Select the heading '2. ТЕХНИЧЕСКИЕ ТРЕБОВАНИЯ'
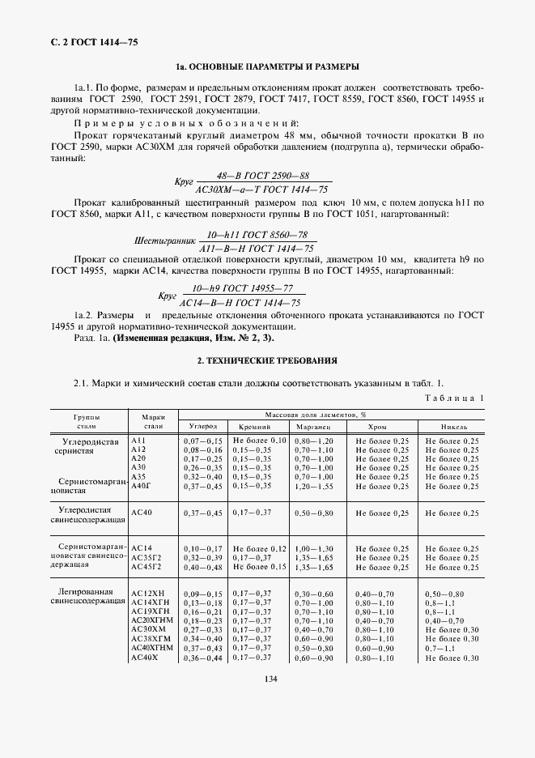[268, 360]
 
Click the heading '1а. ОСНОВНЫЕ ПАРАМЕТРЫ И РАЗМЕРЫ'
[268, 66]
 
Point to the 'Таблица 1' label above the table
[454, 398]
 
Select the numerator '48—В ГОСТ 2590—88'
[253, 176]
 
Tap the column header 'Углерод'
[203, 425]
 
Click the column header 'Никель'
[452, 425]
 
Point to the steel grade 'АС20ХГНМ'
[151, 620]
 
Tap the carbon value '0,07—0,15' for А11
[203, 440]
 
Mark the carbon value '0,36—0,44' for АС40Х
[203, 658]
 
